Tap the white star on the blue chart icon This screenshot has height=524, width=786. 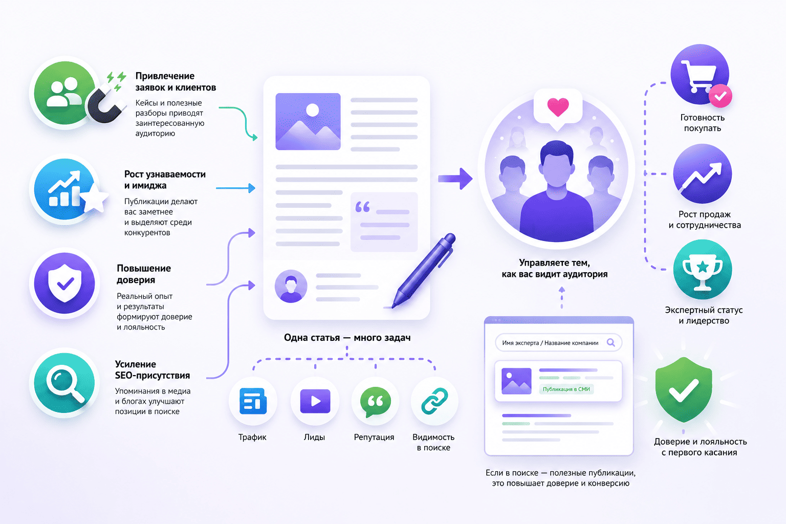click(94, 199)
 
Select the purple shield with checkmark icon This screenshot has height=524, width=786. click(64, 283)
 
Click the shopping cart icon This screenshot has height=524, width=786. click(698, 76)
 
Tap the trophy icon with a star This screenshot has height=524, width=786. click(703, 272)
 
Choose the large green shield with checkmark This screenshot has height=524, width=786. click(684, 389)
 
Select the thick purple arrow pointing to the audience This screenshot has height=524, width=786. click(455, 179)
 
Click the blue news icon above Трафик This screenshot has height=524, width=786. click(253, 401)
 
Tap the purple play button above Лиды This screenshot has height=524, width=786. click(315, 401)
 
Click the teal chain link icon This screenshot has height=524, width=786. click(434, 401)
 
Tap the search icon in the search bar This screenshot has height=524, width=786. click(611, 342)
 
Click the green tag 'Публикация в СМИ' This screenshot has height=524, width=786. click(566, 389)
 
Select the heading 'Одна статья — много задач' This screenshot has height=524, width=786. click(347, 338)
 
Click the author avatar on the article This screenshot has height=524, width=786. click(291, 286)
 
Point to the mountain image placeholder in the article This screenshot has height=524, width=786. click(308, 121)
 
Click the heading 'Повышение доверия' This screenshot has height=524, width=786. click(144, 274)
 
